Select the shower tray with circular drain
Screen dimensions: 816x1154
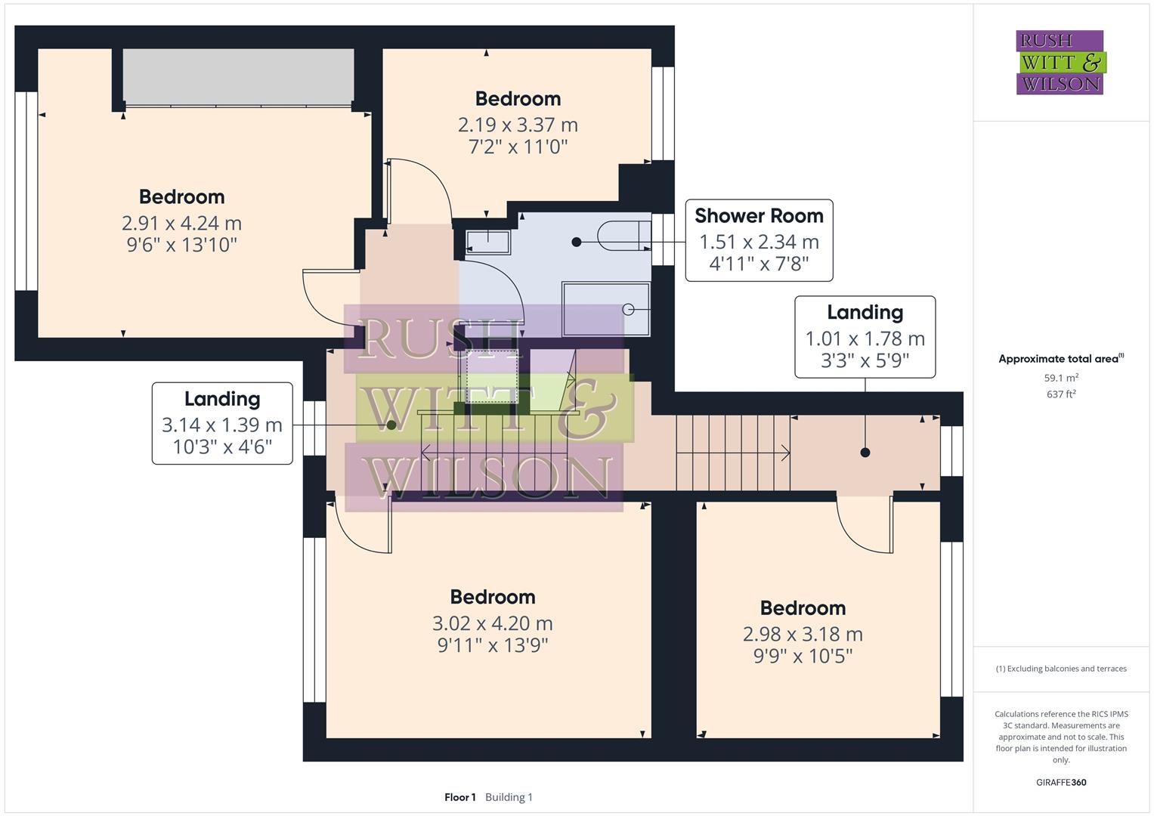[605, 309]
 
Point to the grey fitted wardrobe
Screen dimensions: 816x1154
[238, 77]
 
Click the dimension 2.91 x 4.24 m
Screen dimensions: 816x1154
[181, 224]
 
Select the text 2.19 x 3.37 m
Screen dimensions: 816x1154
[518, 125]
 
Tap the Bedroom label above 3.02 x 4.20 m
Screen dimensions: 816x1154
[493, 597]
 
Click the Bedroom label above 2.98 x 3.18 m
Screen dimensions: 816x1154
[803, 608]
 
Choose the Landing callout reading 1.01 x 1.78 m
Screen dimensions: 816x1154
[865, 336]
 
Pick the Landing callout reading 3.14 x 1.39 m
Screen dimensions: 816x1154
[222, 423]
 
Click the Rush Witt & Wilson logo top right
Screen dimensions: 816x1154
[1060, 63]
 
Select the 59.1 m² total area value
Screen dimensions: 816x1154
[1061, 378]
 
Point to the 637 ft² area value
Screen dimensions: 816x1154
[1061, 394]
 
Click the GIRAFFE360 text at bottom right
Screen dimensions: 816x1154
[1061, 783]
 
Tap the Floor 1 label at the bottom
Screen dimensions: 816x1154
[459, 797]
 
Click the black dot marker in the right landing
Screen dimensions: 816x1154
[865, 453]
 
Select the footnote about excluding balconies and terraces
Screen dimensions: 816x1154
[1061, 669]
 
